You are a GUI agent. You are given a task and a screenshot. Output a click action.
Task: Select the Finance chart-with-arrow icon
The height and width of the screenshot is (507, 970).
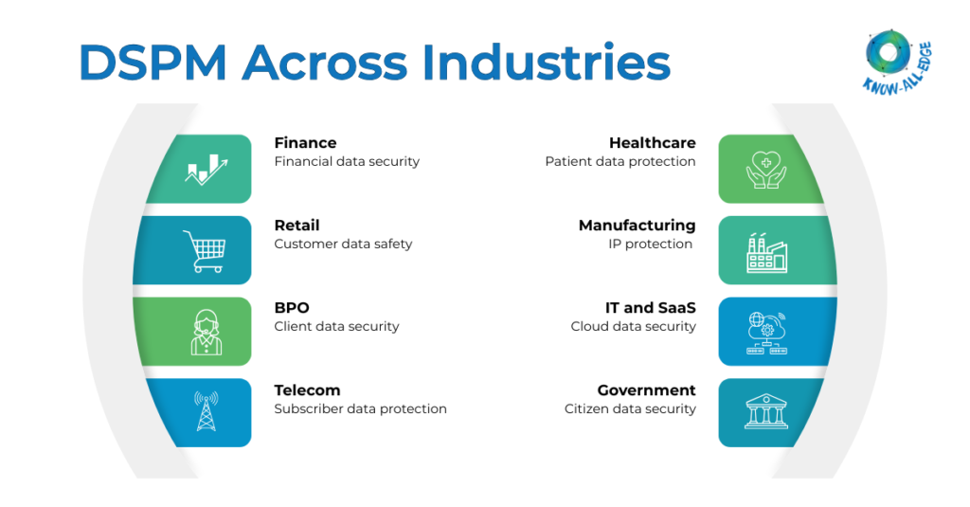(207, 170)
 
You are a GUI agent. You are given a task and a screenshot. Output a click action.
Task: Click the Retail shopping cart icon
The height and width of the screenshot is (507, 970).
(205, 250)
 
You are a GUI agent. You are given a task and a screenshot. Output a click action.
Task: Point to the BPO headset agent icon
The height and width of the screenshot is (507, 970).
(206, 332)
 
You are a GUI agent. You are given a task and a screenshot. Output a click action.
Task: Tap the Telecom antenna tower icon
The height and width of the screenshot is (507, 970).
(206, 412)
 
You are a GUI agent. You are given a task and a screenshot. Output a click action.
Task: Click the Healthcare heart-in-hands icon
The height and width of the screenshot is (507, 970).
(766, 169)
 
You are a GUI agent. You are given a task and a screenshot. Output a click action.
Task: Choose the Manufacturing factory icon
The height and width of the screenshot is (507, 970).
(766, 251)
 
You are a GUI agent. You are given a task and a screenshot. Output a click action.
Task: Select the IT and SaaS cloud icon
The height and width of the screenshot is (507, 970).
(766, 332)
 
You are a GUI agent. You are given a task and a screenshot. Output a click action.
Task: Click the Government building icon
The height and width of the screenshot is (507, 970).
(766, 413)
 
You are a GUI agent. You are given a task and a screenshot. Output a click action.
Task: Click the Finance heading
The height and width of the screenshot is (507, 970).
(305, 143)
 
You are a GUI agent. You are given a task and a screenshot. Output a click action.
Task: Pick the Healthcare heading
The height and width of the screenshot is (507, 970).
(652, 143)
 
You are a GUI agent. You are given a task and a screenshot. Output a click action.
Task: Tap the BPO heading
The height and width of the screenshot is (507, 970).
(292, 308)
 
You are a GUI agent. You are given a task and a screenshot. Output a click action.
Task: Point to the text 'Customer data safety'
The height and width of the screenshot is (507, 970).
(343, 244)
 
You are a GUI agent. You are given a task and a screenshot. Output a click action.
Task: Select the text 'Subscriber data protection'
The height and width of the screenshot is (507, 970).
(360, 408)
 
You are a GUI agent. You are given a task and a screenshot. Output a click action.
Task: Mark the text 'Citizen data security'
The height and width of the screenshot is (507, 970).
(630, 408)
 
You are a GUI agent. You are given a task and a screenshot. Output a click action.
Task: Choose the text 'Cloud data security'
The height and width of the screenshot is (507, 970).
(633, 326)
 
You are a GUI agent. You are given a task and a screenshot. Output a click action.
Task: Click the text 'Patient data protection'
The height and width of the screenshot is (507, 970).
(620, 161)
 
